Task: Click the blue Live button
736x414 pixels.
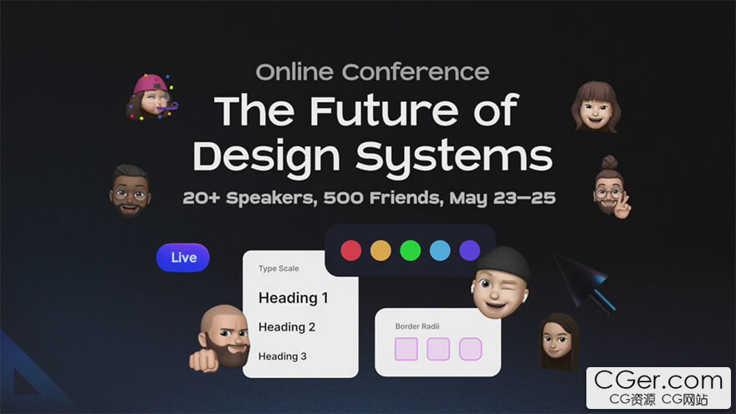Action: click(x=182, y=258)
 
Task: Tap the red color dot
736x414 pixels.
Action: click(x=350, y=250)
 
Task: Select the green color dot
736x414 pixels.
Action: click(x=411, y=250)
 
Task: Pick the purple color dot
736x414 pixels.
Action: click(x=469, y=250)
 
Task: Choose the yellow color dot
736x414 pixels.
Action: click(x=381, y=250)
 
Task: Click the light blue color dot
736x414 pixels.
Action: click(x=440, y=250)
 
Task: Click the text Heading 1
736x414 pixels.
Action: click(x=294, y=298)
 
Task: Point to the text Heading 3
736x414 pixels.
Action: click(x=282, y=356)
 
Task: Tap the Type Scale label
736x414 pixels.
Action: click(x=279, y=268)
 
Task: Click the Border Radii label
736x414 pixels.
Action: click(x=417, y=326)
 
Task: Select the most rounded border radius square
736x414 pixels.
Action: click(x=470, y=349)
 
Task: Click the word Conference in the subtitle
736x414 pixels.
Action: click(x=416, y=72)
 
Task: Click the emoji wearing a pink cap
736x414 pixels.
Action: click(x=151, y=97)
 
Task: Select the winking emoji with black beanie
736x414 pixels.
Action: click(x=500, y=283)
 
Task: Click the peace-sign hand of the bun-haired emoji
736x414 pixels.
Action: click(x=622, y=206)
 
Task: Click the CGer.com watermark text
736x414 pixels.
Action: click(x=658, y=381)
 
